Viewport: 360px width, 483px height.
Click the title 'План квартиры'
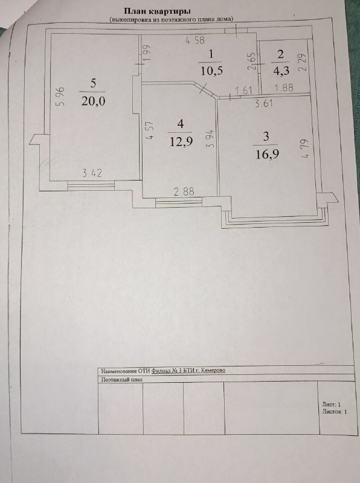[157, 11]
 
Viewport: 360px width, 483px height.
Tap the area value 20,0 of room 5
[93, 101]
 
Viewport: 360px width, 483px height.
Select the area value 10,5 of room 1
[211, 71]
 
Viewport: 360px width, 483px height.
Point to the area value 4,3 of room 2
[281, 71]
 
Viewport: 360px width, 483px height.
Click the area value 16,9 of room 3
[267, 154]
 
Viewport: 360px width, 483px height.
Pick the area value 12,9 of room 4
[181, 142]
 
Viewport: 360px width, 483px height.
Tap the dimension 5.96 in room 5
[60, 97]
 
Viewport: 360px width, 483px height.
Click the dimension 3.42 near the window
[92, 173]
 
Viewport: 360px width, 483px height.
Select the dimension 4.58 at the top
[194, 40]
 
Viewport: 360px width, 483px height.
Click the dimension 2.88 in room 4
[184, 191]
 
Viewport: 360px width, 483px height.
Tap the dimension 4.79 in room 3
[306, 149]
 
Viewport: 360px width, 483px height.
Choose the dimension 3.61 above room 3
[264, 103]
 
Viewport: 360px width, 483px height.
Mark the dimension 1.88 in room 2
[284, 88]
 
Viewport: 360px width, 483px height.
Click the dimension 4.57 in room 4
[150, 130]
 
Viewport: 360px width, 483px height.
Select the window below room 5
[91, 185]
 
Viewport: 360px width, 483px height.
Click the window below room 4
[179, 202]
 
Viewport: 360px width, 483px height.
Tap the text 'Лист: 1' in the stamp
[332, 405]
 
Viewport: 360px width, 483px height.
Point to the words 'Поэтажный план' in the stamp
[122, 380]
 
